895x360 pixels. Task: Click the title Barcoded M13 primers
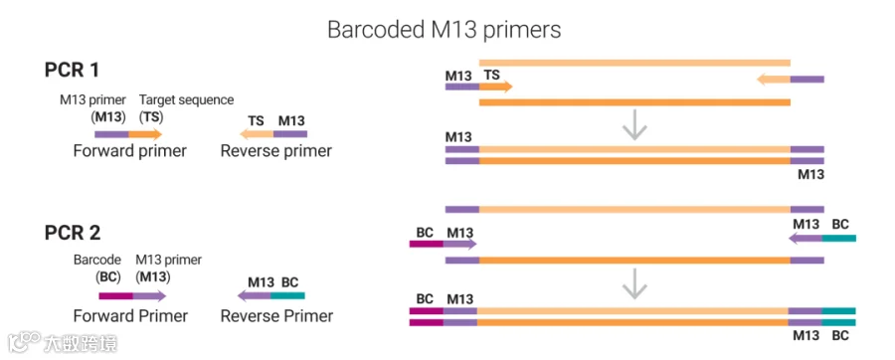(x=445, y=30)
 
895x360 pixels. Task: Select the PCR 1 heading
(x=72, y=71)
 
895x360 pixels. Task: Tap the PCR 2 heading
(x=73, y=233)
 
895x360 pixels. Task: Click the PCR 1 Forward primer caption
(x=129, y=151)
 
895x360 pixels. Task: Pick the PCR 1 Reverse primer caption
(x=276, y=151)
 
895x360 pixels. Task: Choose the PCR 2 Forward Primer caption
(x=130, y=316)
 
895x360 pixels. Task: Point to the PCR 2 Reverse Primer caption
(x=276, y=316)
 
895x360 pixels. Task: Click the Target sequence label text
(x=187, y=99)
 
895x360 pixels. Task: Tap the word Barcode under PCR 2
(x=97, y=261)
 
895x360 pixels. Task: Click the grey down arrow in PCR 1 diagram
(x=634, y=128)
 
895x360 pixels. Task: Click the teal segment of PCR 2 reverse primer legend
(x=288, y=296)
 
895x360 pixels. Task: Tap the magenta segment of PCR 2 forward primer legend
(x=116, y=296)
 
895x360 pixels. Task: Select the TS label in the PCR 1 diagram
(x=491, y=75)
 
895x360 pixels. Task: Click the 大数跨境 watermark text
(x=80, y=343)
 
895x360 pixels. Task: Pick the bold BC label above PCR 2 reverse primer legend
(x=290, y=282)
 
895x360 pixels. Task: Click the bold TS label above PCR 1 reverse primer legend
(x=256, y=121)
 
